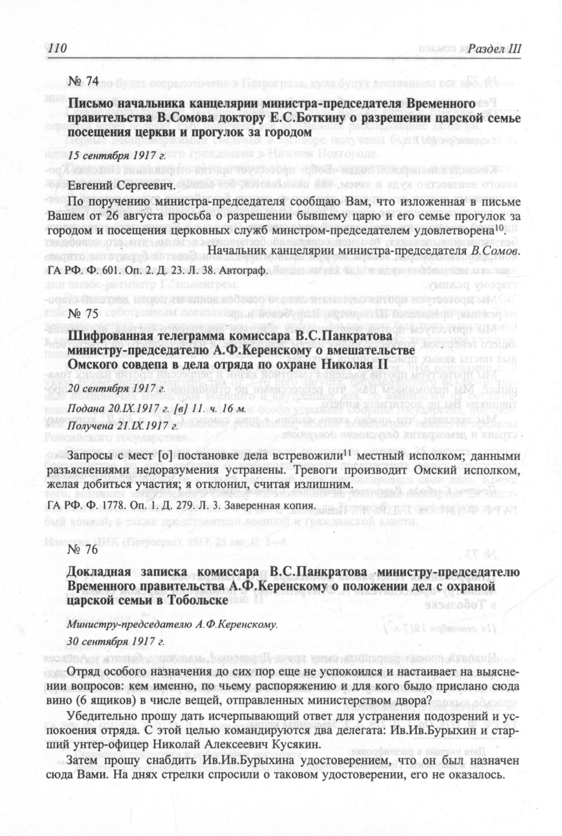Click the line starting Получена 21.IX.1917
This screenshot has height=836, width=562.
click(123, 426)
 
